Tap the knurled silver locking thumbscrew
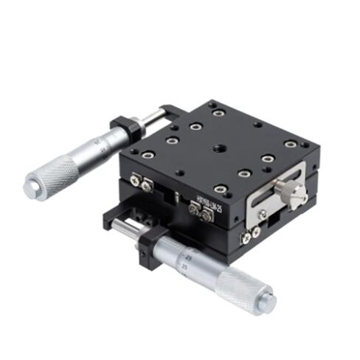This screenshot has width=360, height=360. (x=294, y=194)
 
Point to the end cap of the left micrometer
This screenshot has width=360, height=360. (x=31, y=188)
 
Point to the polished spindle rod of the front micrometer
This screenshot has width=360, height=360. (x=131, y=225)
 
